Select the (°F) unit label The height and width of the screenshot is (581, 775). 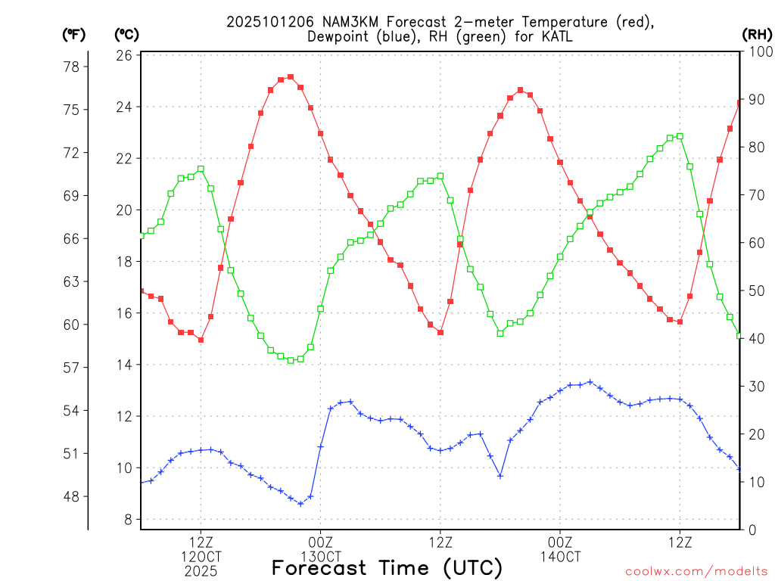(x=74, y=34)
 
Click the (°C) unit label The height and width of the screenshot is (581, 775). (x=127, y=34)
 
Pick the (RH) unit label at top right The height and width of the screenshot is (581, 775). (x=756, y=34)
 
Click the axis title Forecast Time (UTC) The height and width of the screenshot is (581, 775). (x=387, y=567)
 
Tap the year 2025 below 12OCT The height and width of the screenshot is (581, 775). (x=201, y=571)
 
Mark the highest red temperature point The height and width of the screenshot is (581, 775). (x=291, y=76)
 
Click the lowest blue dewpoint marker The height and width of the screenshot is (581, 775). (x=300, y=504)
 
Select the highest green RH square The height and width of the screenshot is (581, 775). (x=680, y=136)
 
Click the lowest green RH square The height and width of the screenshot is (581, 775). (x=291, y=361)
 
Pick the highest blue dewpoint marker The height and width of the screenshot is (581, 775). (x=590, y=382)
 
